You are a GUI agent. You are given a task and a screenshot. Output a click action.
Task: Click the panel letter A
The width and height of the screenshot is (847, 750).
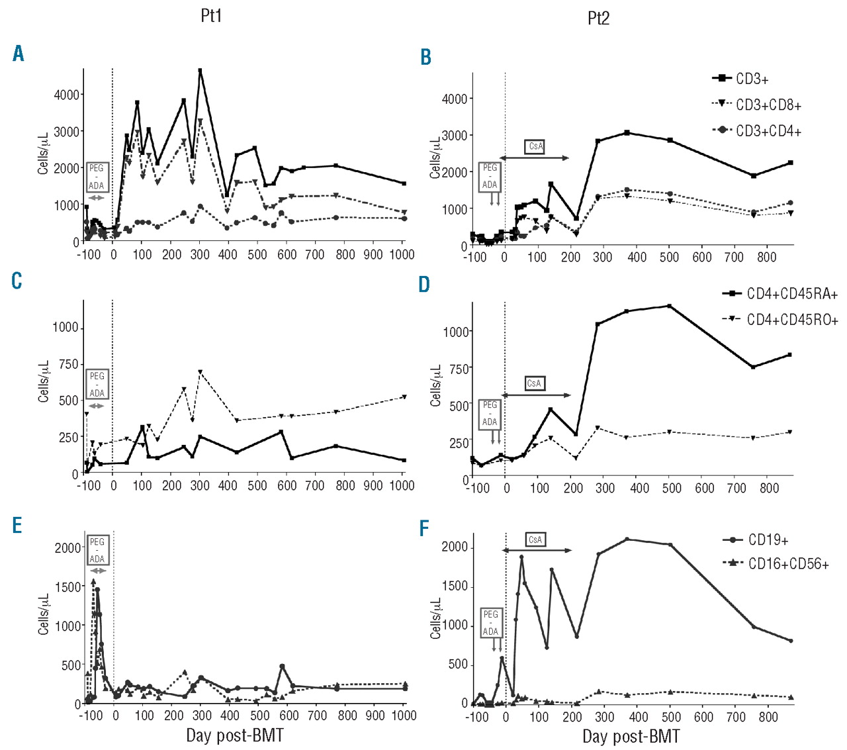(19, 54)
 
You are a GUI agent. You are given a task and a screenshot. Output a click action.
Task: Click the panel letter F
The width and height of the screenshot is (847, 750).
(424, 528)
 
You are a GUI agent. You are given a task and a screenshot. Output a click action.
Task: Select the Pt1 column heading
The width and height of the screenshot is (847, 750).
(211, 16)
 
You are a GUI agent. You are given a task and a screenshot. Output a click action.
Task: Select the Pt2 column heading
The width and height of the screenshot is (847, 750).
(598, 18)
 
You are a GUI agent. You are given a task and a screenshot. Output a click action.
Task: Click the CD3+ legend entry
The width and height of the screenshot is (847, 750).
(752, 79)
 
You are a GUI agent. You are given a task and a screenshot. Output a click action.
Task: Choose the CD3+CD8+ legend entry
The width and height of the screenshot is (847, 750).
(768, 105)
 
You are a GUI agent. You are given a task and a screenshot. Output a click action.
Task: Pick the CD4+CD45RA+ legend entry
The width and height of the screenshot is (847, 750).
(792, 294)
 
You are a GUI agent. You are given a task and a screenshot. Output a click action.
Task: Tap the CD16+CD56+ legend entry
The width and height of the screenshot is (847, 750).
(788, 564)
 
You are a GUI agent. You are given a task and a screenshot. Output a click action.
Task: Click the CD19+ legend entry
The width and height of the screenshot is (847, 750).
(768, 540)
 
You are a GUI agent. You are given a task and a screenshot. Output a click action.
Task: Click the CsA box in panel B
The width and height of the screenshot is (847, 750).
(535, 146)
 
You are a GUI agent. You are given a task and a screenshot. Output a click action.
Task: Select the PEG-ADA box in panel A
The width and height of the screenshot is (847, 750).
(97, 177)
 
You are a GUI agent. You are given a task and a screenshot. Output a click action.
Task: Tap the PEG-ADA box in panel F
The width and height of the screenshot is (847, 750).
(490, 623)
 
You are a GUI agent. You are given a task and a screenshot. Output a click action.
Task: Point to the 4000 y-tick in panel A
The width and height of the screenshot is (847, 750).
(67, 95)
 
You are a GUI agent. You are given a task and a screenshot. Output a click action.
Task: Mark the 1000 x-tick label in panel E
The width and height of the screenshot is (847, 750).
(404, 716)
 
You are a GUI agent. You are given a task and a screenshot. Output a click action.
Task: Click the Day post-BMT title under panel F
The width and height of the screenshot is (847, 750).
(631, 736)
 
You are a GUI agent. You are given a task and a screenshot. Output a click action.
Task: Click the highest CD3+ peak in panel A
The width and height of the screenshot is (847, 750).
(200, 70)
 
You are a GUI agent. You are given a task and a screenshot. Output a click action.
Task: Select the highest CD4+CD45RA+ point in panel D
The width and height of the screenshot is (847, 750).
(670, 306)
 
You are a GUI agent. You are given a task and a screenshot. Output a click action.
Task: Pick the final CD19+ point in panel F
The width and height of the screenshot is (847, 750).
(791, 641)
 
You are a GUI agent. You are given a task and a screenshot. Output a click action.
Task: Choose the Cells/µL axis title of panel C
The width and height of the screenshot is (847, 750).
(44, 382)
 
